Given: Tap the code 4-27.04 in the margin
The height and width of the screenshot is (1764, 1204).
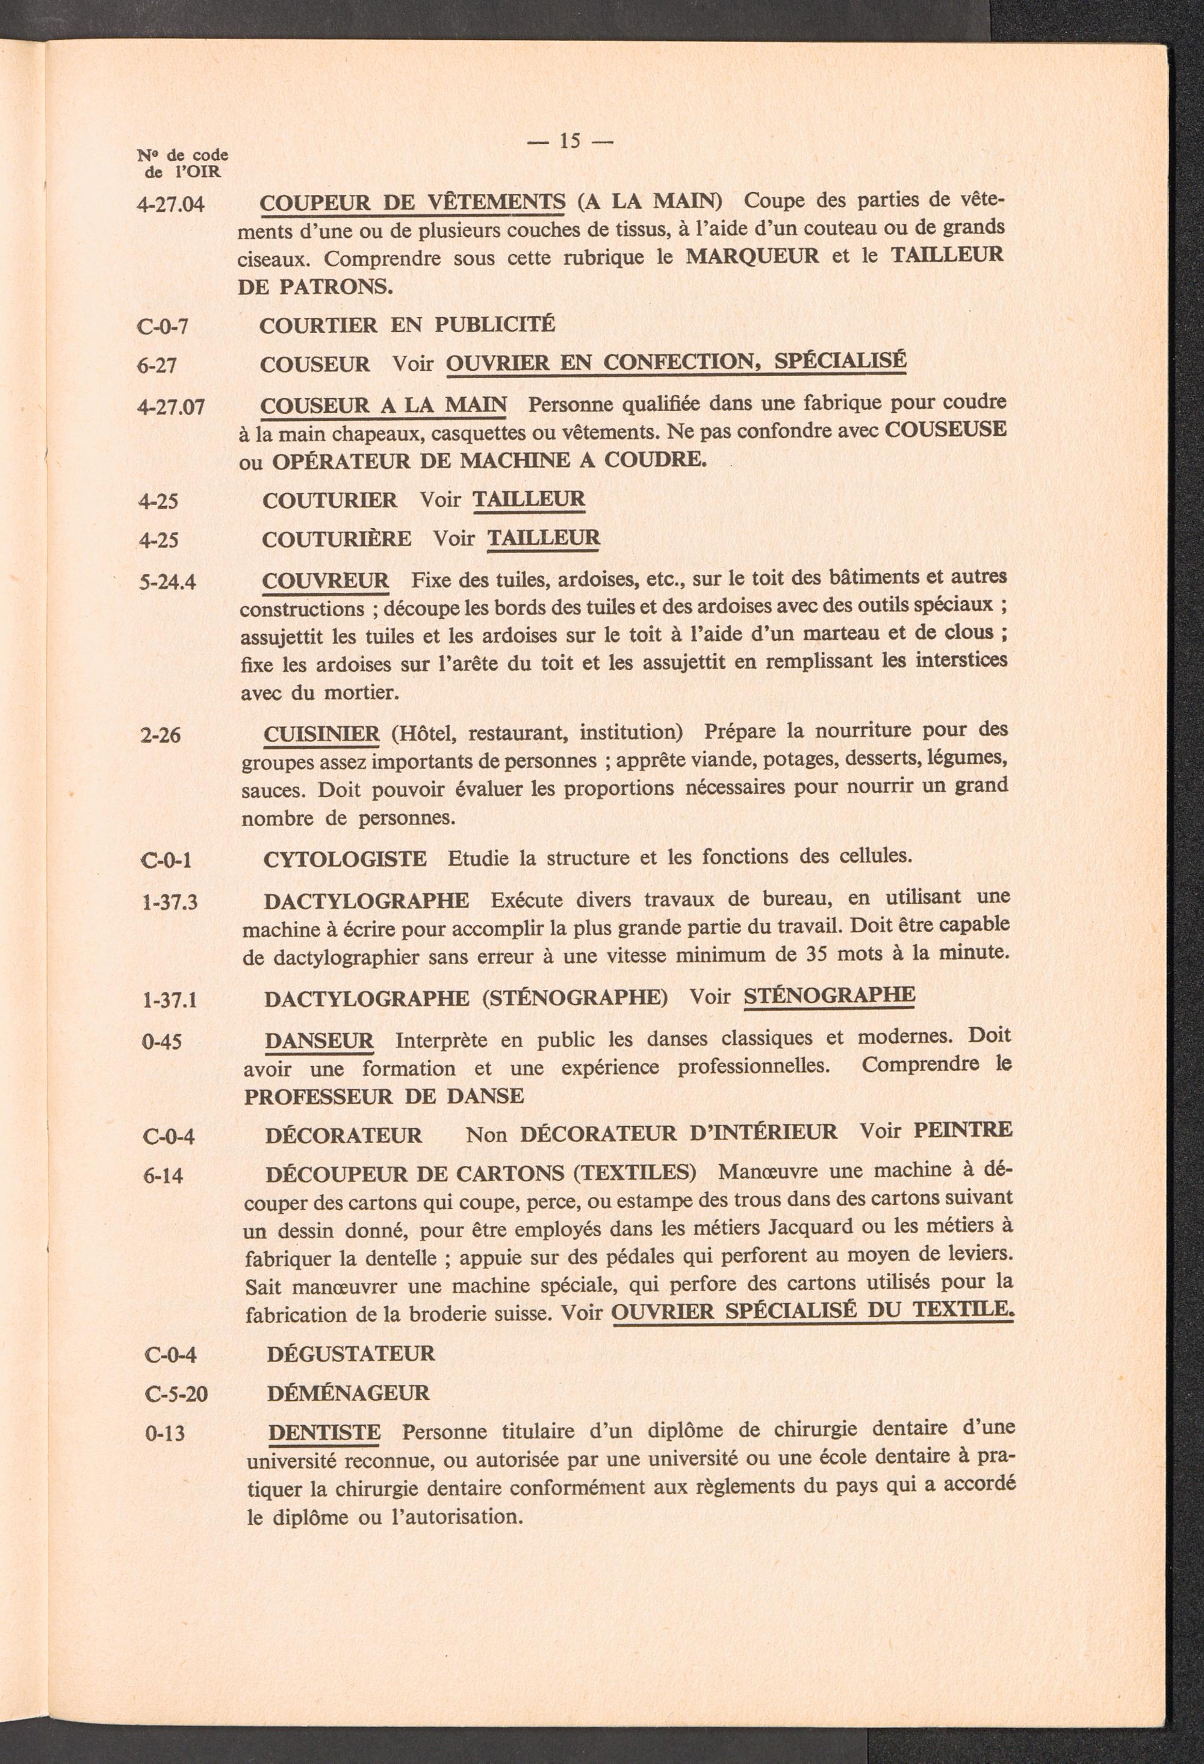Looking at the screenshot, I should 171,204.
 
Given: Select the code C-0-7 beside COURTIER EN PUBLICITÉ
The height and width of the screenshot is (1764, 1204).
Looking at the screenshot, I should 163,327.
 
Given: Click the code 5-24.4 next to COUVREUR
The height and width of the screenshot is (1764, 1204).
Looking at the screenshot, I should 168,581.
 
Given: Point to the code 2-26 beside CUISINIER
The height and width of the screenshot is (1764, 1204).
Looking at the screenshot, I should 161,735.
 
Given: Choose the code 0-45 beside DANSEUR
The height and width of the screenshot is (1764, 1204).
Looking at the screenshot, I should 162,1041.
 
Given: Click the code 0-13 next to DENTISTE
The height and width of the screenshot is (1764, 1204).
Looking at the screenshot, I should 165,1433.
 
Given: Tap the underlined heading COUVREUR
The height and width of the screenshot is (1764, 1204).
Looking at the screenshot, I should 325,581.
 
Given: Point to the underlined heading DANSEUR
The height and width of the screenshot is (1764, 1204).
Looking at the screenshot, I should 320,1040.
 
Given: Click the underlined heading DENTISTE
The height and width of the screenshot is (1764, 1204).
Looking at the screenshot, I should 324,1432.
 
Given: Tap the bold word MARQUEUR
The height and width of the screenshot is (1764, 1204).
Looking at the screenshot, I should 752,256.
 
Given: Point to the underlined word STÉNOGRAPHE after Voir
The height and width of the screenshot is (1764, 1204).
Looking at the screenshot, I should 829,995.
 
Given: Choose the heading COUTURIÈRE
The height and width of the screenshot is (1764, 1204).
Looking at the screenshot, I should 337,539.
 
